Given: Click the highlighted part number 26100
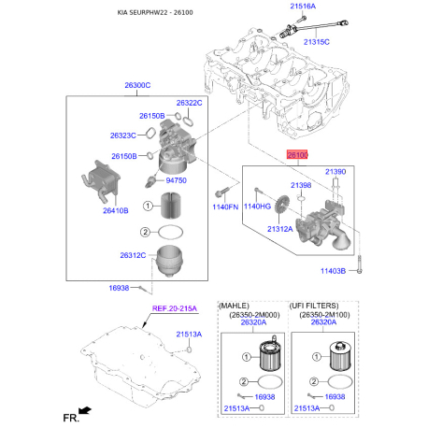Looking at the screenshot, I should click(x=297, y=161).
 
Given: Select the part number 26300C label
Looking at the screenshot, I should click(x=137, y=85).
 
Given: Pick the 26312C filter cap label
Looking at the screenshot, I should click(x=133, y=255).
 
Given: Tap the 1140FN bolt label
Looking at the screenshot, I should click(x=226, y=206).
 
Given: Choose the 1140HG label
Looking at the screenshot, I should click(x=257, y=206).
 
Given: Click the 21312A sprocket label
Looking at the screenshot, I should click(x=280, y=228).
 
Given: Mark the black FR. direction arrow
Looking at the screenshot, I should click(x=86, y=409).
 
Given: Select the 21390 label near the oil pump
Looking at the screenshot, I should click(x=335, y=172).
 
